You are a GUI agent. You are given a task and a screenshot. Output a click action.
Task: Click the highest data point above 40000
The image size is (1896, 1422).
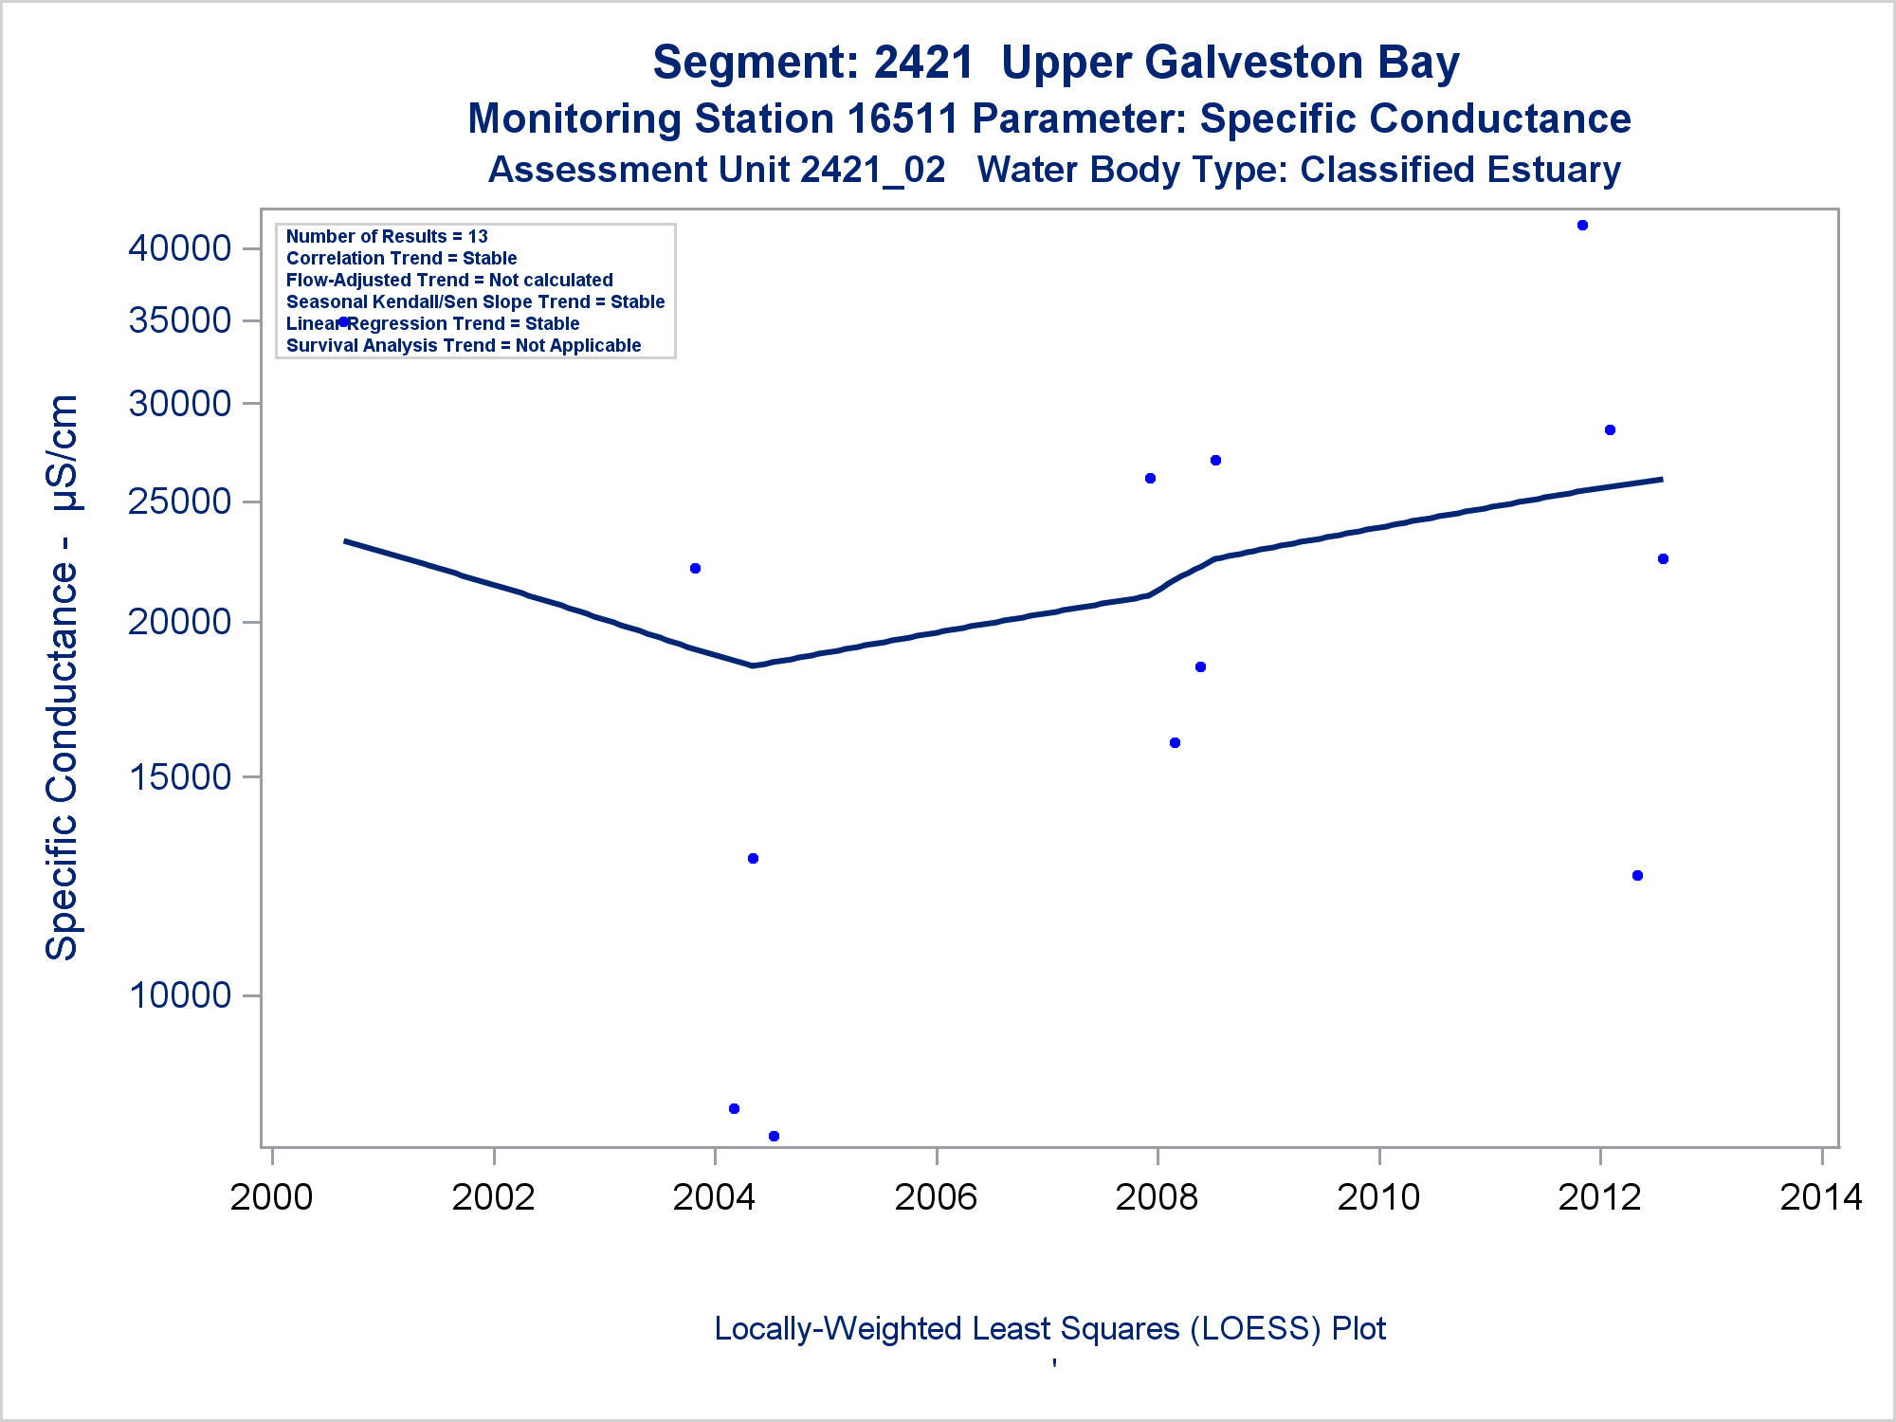coord(1582,226)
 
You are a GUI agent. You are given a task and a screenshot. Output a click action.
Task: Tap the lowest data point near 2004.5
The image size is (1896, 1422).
coord(774,1136)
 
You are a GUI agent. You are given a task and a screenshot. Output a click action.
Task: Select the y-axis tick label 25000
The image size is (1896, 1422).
coord(180,501)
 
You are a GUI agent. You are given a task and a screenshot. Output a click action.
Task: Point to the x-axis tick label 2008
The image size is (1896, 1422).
coord(1157,1197)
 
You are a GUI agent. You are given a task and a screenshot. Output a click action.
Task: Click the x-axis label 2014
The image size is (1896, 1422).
coord(1821,1197)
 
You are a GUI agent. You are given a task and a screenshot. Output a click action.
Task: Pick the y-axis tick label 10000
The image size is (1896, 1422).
coord(180,995)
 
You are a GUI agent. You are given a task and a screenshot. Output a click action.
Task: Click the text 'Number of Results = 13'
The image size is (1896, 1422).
coord(387,236)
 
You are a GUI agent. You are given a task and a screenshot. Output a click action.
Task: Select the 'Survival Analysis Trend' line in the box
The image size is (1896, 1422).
coord(464,345)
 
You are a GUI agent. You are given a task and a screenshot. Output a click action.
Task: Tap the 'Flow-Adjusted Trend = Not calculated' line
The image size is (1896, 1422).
coord(449,280)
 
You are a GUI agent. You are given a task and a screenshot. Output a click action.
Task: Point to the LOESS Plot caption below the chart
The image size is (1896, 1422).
coord(1049,1328)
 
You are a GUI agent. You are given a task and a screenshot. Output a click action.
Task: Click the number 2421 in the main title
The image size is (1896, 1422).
coord(923,63)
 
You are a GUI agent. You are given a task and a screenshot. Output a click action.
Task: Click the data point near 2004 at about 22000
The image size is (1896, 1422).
coord(695,569)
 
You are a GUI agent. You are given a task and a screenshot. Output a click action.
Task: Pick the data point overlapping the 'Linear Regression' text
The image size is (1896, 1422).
coord(344,322)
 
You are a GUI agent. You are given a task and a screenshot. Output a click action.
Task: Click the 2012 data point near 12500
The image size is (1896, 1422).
coord(1637,876)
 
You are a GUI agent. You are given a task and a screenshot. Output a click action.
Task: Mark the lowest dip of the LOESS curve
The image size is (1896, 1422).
coord(753,665)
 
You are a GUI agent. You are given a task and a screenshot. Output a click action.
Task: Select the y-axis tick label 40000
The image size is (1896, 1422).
coord(180,248)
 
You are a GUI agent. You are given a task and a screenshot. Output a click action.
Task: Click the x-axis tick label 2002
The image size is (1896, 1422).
coord(493,1197)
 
